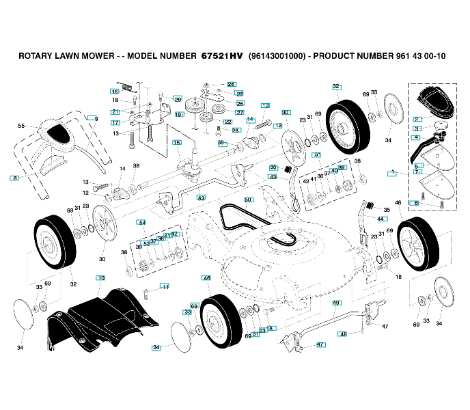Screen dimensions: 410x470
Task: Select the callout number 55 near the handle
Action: pyautogui.click(x=21, y=126)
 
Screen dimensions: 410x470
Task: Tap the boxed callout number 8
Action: pyautogui.click(x=14, y=178)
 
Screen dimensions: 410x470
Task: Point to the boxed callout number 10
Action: pyautogui.click(x=100, y=278)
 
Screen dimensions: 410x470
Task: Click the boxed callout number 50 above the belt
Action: pyautogui.click(x=248, y=200)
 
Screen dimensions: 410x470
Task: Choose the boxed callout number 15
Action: pyautogui.click(x=176, y=143)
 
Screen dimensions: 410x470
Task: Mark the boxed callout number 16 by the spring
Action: pyautogui.click(x=115, y=92)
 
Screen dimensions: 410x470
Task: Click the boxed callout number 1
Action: pyautogui.click(x=392, y=174)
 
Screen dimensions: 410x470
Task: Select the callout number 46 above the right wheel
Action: pyautogui.click(x=398, y=202)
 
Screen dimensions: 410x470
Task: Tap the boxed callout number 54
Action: pyautogui.click(x=141, y=223)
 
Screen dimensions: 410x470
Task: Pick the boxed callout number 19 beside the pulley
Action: pyautogui.click(x=178, y=115)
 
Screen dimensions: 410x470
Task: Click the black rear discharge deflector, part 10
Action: pyautogui.click(x=102, y=318)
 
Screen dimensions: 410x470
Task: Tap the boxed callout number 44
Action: pyautogui.click(x=381, y=219)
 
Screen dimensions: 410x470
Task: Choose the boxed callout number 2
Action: pyautogui.click(x=417, y=119)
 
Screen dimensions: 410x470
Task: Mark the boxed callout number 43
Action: pyautogui.click(x=273, y=177)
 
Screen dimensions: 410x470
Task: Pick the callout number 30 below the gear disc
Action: pyautogui.click(x=102, y=259)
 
